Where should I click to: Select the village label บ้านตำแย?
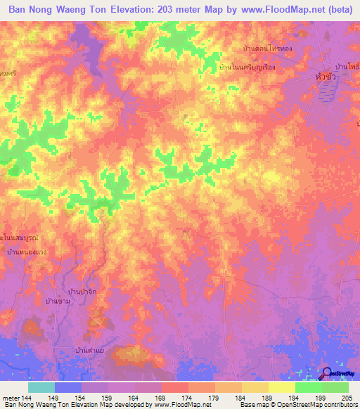click(x=91, y=349)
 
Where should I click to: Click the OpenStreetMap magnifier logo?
click(x=328, y=373)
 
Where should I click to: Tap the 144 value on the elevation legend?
click(x=28, y=398)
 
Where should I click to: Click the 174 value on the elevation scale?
click(x=187, y=398)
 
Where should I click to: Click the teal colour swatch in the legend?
click(x=41, y=387)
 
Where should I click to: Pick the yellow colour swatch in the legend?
click(x=282, y=387)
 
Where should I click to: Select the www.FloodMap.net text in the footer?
click(x=172, y=405)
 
